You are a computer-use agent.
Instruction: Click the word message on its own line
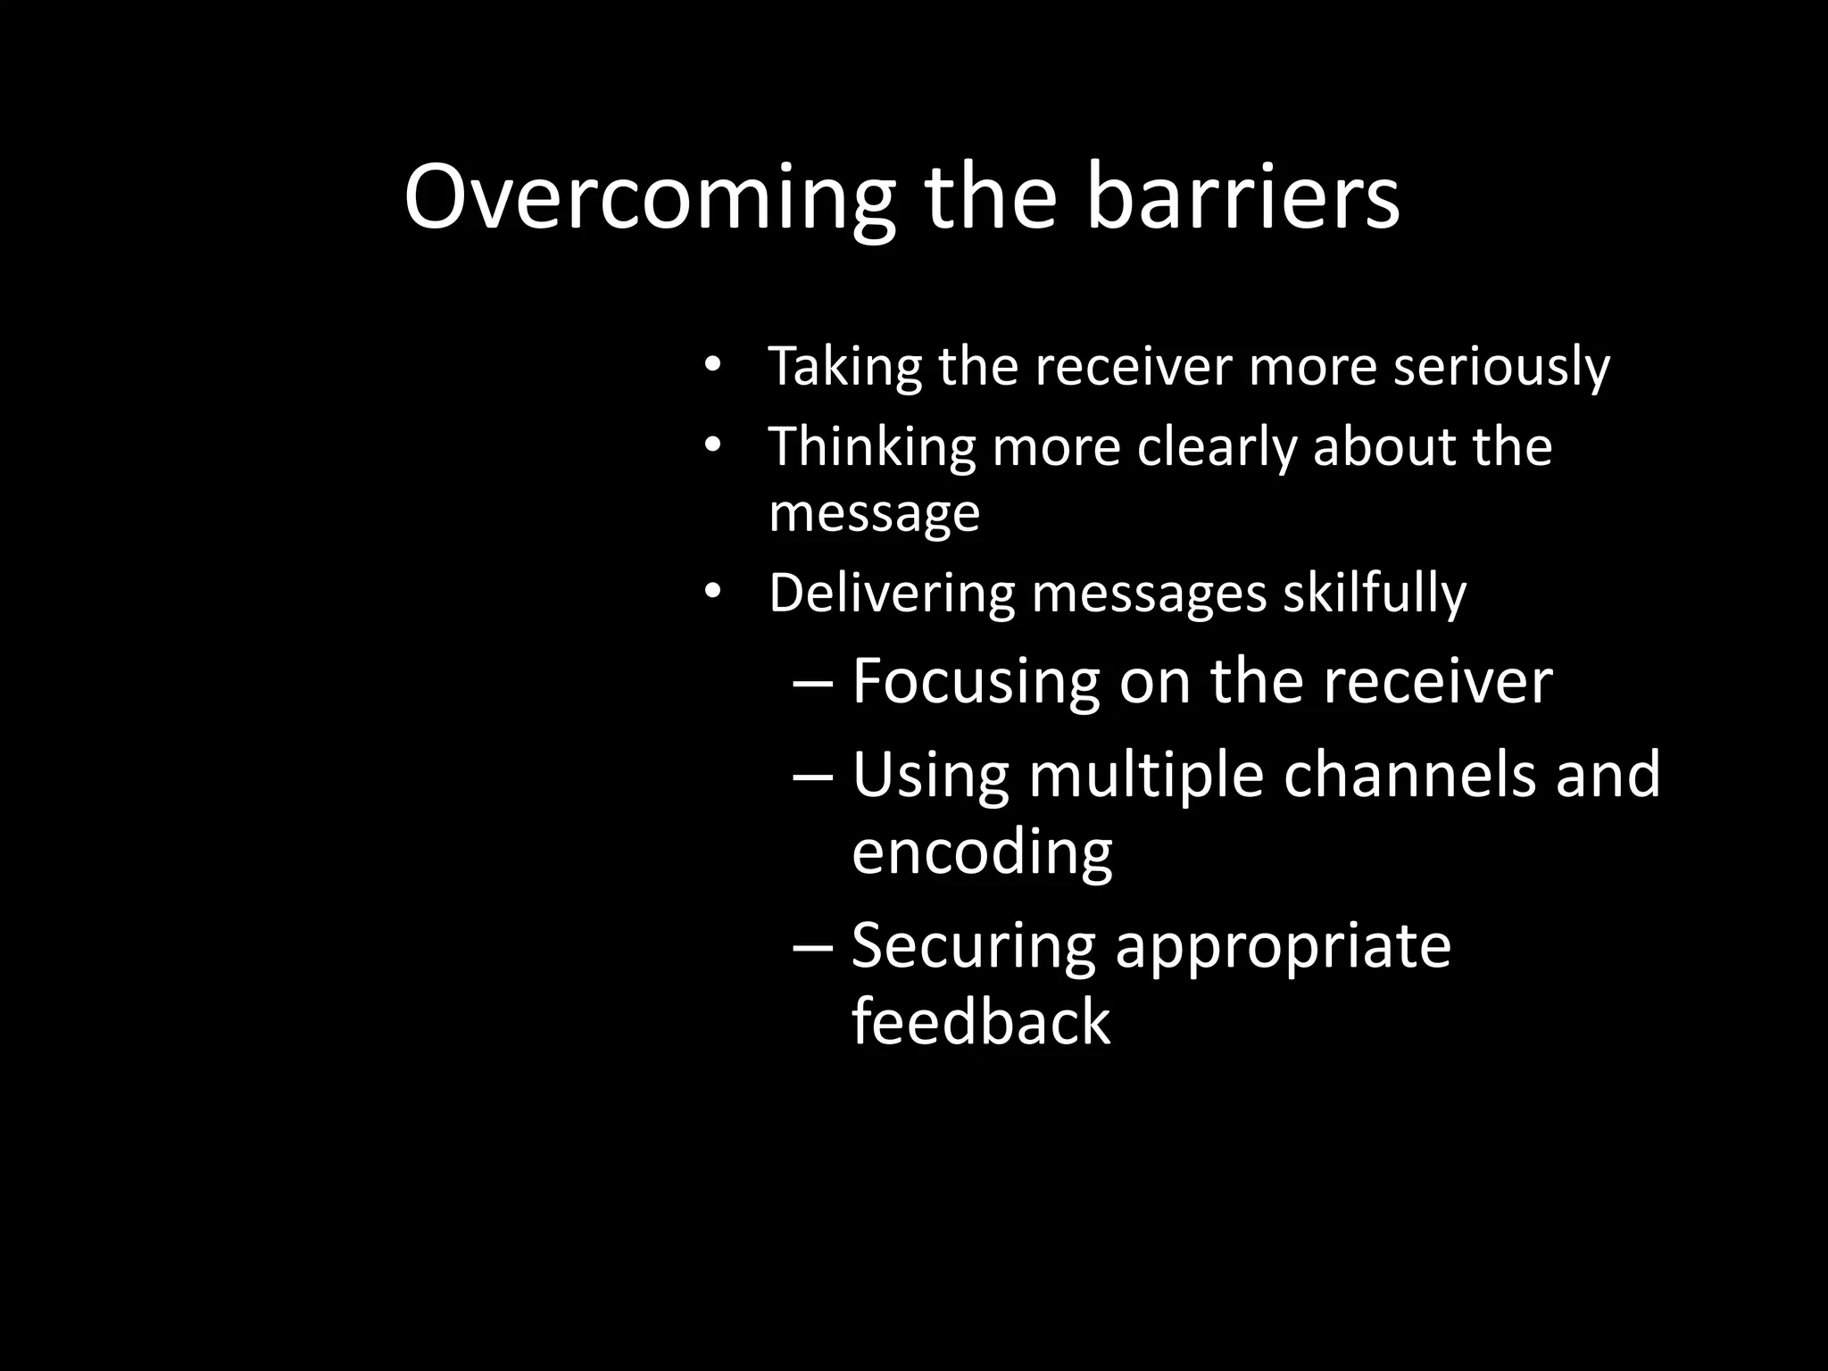874,513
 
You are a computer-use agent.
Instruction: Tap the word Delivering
892,594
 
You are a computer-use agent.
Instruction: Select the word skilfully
1375,594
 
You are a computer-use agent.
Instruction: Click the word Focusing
976,683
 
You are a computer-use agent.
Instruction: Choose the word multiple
1146,776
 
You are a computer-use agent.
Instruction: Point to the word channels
1409,774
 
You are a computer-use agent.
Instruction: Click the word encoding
982,852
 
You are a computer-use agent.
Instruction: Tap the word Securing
973,947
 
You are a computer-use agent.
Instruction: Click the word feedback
980,1022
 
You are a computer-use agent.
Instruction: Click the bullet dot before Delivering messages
710,591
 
